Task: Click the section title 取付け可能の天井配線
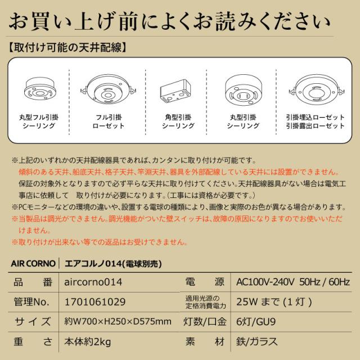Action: click(x=71, y=47)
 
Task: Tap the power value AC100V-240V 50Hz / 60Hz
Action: click(x=292, y=281)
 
